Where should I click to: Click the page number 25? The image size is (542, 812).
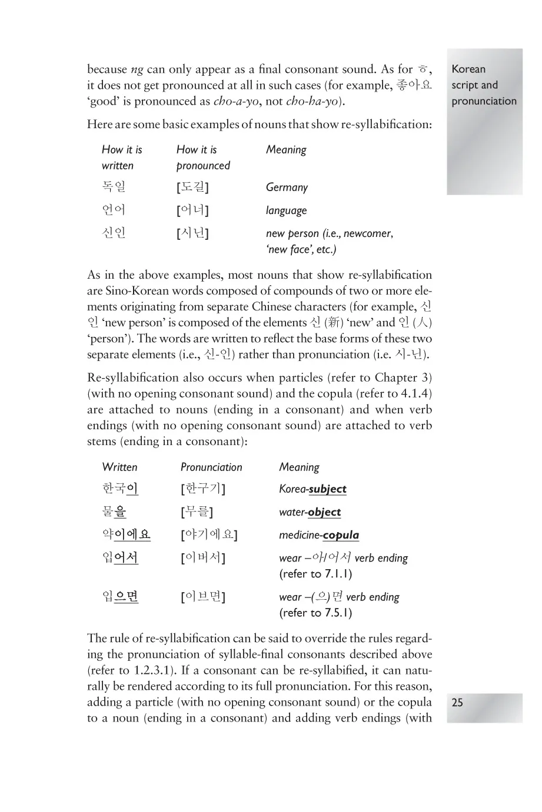click(457, 702)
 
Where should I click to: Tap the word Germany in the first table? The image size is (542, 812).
click(287, 188)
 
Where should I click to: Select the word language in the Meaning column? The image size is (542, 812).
click(286, 210)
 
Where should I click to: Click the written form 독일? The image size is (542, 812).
click(114, 187)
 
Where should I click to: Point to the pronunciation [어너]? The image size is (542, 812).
click(192, 210)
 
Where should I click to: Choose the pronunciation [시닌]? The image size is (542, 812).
click(192, 233)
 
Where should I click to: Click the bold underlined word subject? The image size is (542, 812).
click(327, 489)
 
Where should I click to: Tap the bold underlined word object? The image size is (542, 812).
click(324, 512)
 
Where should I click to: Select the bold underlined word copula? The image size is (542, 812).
click(341, 535)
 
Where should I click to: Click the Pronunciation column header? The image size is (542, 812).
click(211, 467)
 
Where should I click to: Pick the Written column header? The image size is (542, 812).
click(119, 467)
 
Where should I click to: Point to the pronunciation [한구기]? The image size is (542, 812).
click(203, 489)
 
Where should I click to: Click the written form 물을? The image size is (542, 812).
click(114, 512)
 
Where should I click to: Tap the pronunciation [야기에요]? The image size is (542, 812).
click(209, 535)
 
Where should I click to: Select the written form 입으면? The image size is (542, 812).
click(120, 597)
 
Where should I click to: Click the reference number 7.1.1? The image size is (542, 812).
click(338, 574)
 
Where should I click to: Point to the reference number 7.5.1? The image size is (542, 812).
click(338, 613)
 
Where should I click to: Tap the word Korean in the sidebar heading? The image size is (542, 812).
click(468, 69)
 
